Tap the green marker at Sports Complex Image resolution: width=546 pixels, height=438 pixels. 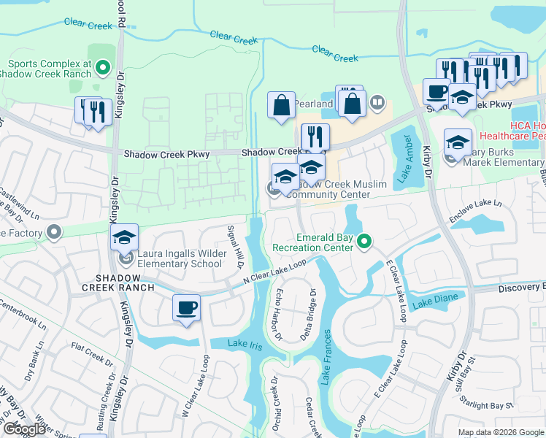[x=103, y=69]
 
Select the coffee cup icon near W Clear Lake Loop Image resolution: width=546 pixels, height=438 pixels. [x=187, y=307]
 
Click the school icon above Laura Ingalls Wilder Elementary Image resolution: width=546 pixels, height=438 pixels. [x=125, y=237]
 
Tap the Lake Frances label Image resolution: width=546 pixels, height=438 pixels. [x=326, y=357]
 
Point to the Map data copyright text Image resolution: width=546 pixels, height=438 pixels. [x=501, y=432]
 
